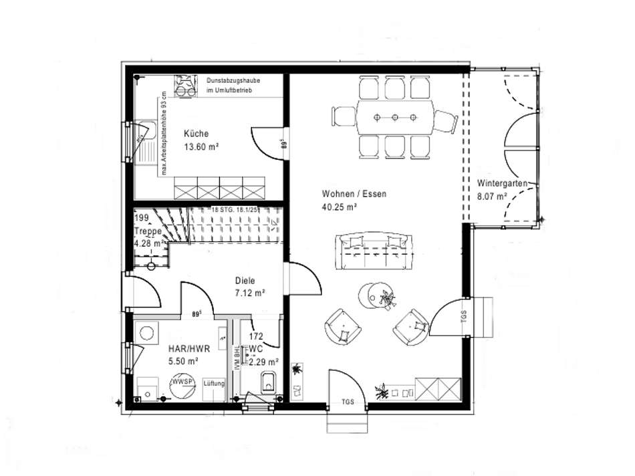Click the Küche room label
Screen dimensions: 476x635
pos(196,133)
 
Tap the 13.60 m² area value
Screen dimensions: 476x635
pos(203,146)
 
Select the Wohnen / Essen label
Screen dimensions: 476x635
pos(354,195)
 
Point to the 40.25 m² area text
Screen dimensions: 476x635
pos(339,207)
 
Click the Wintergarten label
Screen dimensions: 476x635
pos(503,184)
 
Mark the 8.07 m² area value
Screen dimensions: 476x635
pos(492,197)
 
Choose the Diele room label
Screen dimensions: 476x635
pos(245,281)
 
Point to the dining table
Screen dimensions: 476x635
pos(394,118)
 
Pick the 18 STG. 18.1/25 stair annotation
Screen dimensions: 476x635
pos(234,210)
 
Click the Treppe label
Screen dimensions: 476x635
pos(148,231)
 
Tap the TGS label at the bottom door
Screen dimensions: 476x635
pos(348,402)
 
